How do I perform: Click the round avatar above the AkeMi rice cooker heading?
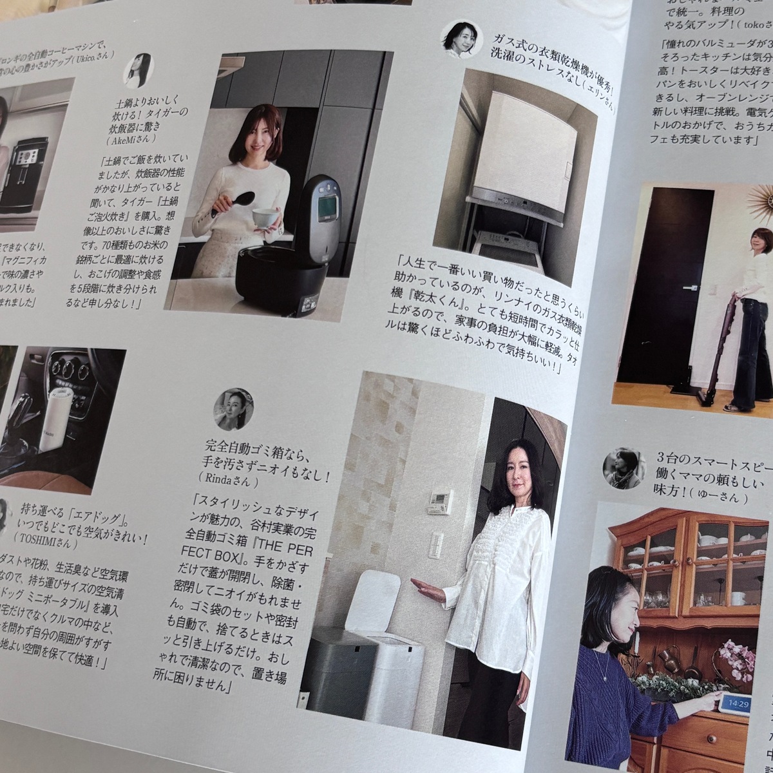tap(138, 70)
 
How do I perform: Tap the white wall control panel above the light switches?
tap(440, 502)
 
